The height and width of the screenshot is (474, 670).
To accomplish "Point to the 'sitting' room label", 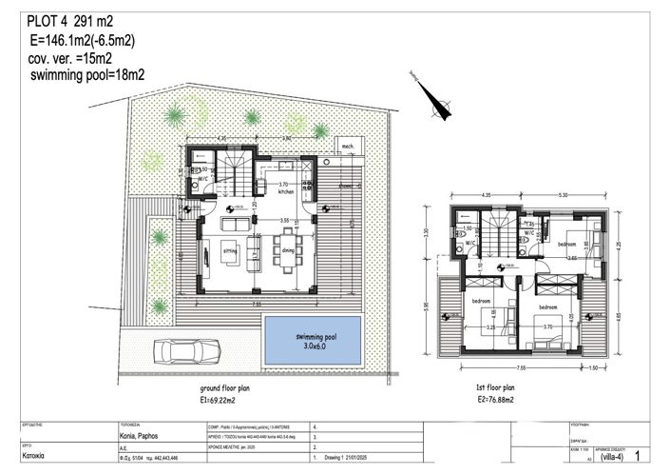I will pyautogui.click(x=230, y=250).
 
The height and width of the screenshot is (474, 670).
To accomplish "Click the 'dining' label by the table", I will pyautogui.click(x=287, y=250).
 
